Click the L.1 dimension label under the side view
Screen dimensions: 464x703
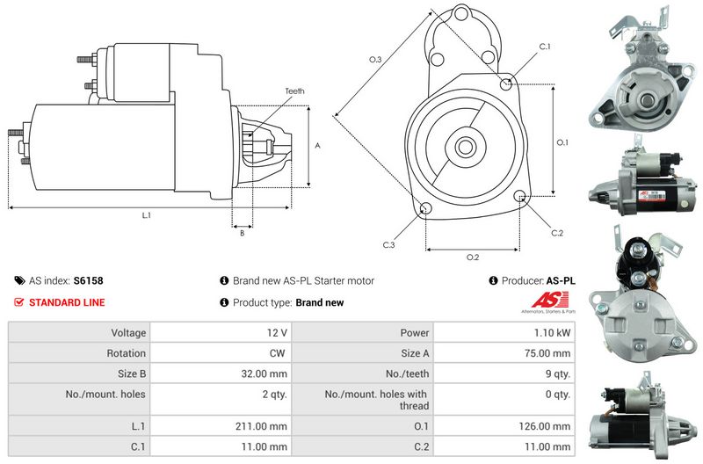click(x=146, y=215)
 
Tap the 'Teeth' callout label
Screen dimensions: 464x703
click(x=294, y=91)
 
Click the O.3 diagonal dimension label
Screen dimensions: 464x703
click(x=374, y=60)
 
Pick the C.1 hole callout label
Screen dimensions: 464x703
click(x=544, y=47)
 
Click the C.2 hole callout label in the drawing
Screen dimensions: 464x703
click(x=556, y=233)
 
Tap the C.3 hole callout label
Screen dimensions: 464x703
click(x=388, y=245)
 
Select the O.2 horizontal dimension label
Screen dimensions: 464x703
click(x=473, y=257)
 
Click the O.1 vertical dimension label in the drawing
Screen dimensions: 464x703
click(x=563, y=141)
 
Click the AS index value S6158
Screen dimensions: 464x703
click(x=88, y=281)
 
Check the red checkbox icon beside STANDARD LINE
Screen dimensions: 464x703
click(x=19, y=303)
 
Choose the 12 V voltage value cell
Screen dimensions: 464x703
click(x=277, y=333)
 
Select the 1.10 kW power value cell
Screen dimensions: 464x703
click(x=554, y=333)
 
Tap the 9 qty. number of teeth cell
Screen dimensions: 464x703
click(x=558, y=373)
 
